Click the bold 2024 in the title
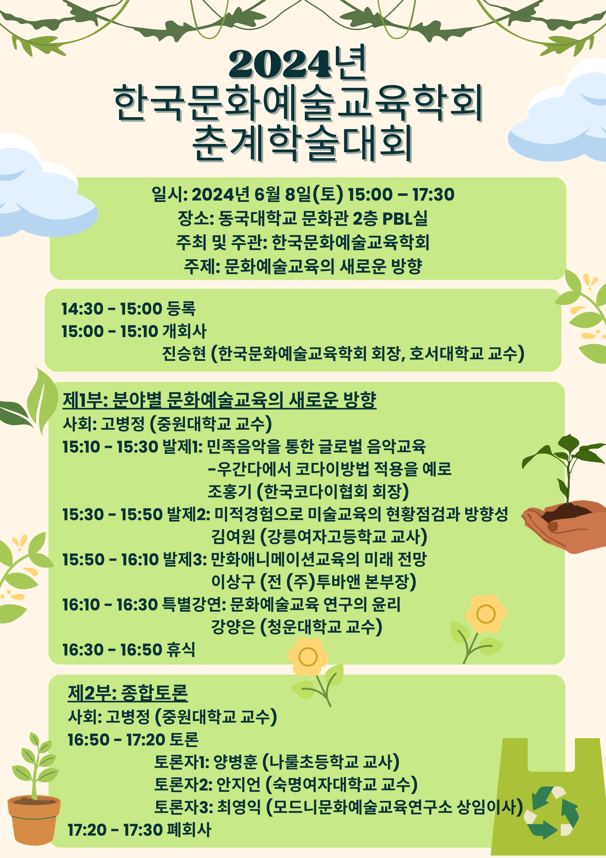[x=280, y=64]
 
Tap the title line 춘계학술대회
[x=302, y=143]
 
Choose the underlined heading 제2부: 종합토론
[x=128, y=693]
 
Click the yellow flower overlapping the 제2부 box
[x=308, y=657]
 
